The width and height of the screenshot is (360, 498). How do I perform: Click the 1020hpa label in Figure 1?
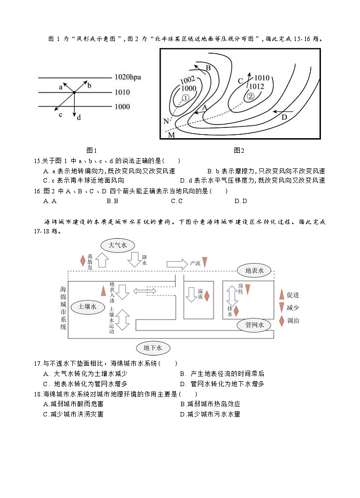(x=131, y=77)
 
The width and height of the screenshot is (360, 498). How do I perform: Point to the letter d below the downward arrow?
(x=79, y=117)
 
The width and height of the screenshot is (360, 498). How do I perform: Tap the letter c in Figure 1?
(x=61, y=115)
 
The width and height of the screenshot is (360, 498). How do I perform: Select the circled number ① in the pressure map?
(x=186, y=98)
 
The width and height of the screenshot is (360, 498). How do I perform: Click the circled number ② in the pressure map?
(x=250, y=96)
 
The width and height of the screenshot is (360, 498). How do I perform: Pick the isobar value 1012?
(x=258, y=86)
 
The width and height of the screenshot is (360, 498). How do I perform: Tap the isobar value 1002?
(x=188, y=80)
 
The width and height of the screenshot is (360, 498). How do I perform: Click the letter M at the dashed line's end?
(x=171, y=135)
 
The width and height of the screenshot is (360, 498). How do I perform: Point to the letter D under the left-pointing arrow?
(x=284, y=117)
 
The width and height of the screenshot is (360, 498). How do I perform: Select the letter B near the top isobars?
(x=208, y=67)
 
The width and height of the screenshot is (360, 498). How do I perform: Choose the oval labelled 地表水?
(x=254, y=270)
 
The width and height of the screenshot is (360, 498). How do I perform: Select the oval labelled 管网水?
(x=254, y=325)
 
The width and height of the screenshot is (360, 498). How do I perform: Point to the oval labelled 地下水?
(x=152, y=348)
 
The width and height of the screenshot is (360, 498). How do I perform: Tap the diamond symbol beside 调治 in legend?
(x=281, y=321)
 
